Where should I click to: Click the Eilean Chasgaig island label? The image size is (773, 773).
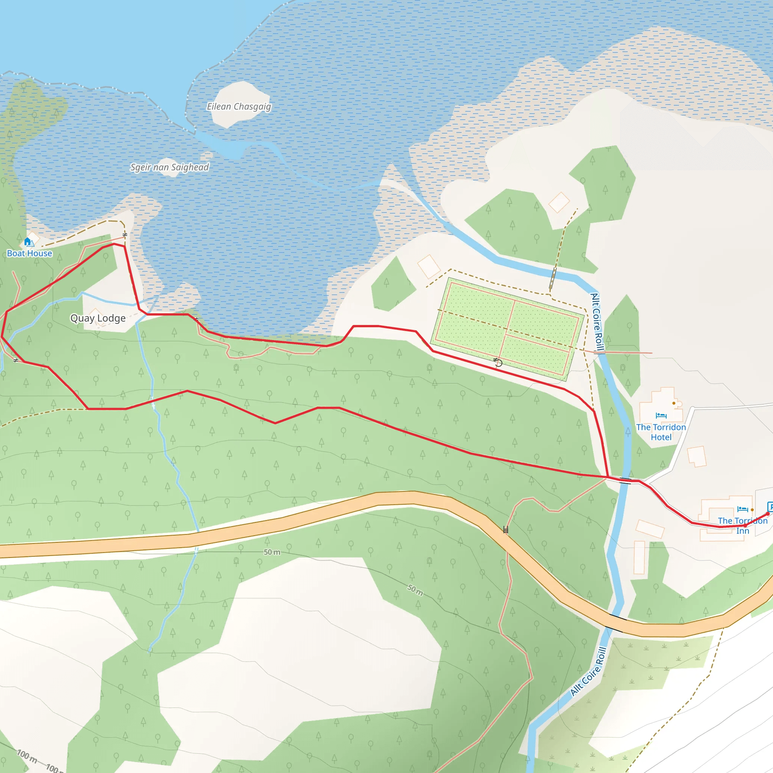coord(239,107)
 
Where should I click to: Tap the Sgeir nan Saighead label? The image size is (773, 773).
coord(169,167)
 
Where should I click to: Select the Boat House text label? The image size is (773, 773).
coord(29,253)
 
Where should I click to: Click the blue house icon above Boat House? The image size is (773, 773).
coord(28,241)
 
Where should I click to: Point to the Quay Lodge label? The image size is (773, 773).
coord(98,318)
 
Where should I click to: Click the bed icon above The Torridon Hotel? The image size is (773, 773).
coord(661,416)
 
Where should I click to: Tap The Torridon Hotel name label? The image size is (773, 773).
coord(661,432)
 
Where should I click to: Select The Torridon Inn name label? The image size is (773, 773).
coord(742,526)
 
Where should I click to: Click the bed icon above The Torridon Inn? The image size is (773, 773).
coord(742,509)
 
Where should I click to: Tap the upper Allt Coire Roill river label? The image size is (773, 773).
coord(597,322)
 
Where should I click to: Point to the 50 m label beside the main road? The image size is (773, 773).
coord(272,552)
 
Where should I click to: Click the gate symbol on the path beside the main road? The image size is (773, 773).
coord(506,530)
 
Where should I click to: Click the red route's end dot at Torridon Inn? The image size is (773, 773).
coord(768,514)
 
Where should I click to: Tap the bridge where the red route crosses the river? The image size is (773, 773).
coord(625,480)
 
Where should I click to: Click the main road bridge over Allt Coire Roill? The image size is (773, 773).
coord(615,622)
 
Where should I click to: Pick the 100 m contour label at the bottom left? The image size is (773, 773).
coord(27,755)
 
